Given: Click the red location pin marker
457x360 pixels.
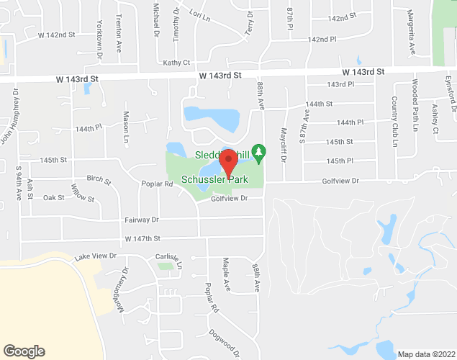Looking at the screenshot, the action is tap(229, 164).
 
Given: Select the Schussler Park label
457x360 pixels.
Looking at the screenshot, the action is tap(214, 179).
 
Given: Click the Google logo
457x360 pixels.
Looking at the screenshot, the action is tap(23, 351).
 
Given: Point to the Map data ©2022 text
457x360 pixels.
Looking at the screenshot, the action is tap(426, 354).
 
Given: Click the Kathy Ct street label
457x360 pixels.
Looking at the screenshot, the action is tap(176, 63).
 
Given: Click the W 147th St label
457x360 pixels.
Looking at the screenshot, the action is tap(142, 238).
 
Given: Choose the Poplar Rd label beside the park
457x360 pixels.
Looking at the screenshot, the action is tap(157, 184).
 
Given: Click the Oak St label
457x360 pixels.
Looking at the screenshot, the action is tap(54, 197).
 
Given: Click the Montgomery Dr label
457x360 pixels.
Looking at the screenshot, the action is tap(120, 291).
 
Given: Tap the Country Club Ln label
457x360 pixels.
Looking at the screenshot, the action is tap(394, 122).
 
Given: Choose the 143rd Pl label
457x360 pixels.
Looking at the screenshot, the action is tap(340, 85).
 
